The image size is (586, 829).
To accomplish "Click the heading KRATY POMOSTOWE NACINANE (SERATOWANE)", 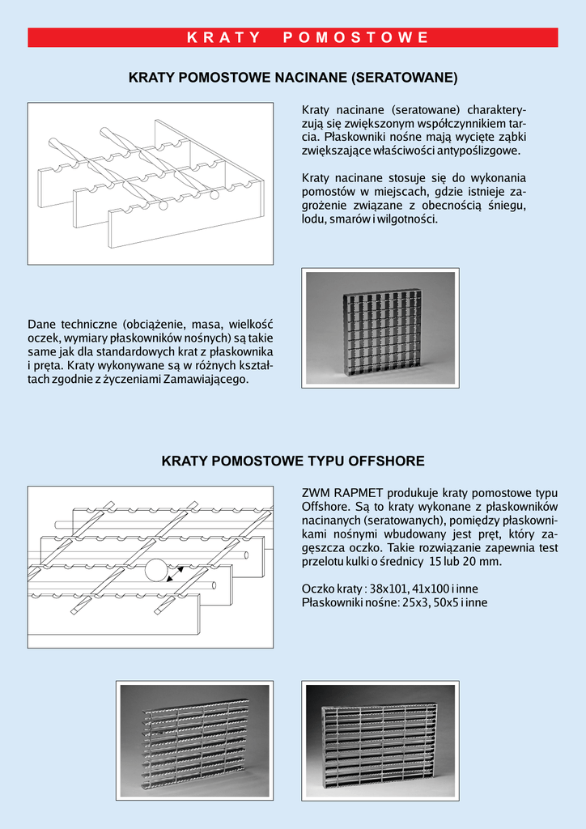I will coord(293,79).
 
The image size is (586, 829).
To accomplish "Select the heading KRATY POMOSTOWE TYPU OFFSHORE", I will coord(293,461).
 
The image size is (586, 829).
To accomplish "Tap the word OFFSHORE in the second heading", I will coord(387,461).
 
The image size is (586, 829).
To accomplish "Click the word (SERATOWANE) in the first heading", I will coord(404,79).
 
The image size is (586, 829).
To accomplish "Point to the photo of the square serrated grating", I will coord(380,326).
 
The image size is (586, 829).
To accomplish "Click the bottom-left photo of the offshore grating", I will coord(195,740).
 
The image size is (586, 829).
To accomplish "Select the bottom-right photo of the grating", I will coord(379,740).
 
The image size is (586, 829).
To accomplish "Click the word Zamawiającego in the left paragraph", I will coord(209,380).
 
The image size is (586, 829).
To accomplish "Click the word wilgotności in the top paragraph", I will coord(410,219).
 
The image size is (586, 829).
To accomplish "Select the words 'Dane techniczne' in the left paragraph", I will coord(67,325).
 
